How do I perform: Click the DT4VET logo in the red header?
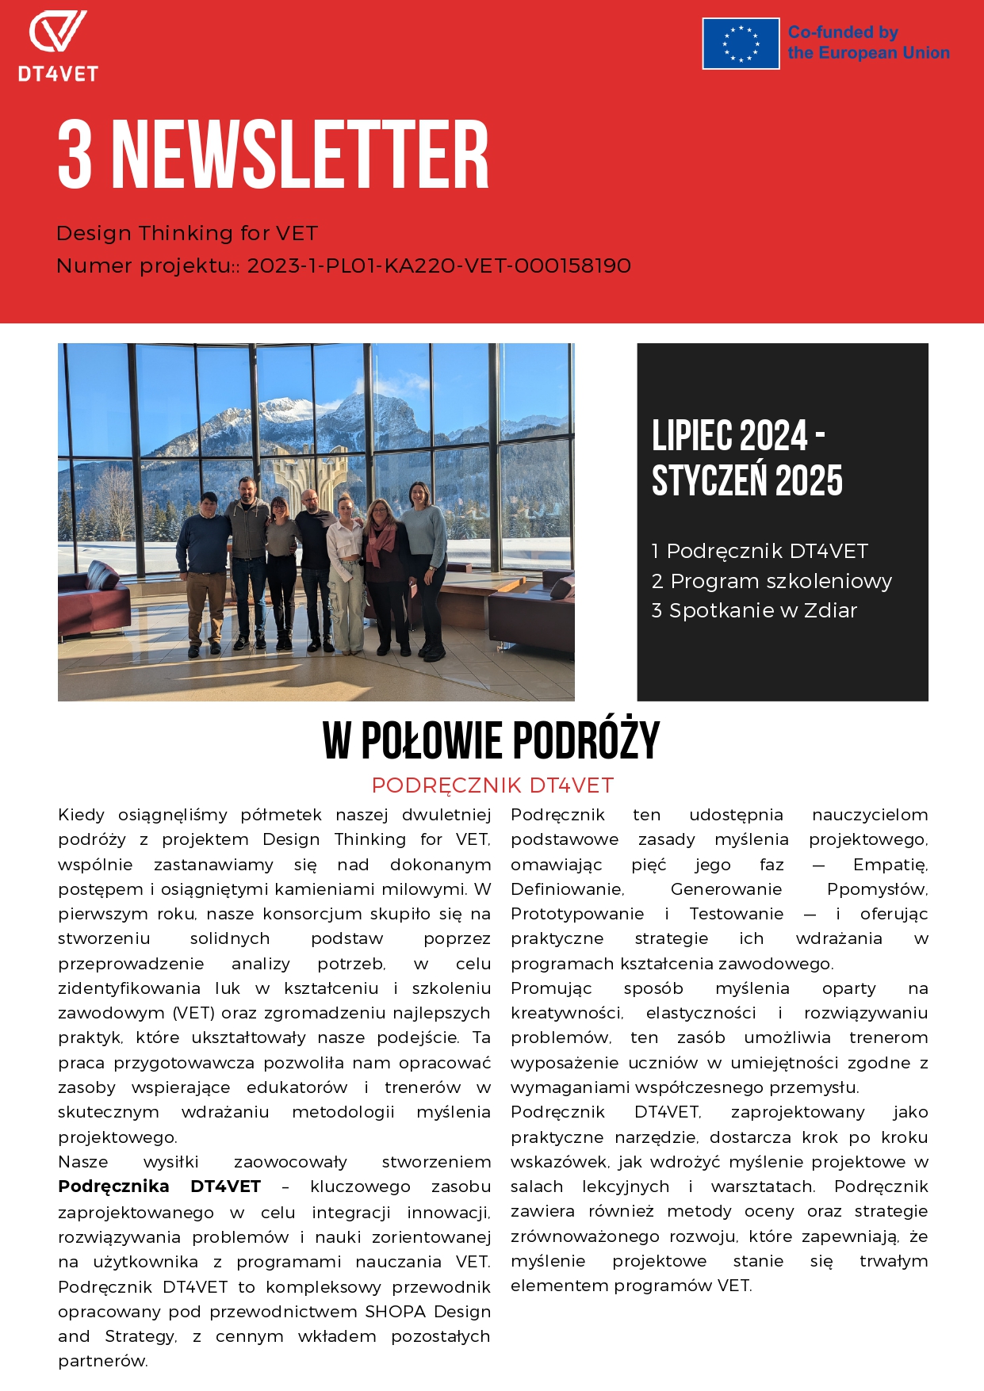pyautogui.click(x=58, y=46)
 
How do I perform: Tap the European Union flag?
pyautogui.click(x=741, y=44)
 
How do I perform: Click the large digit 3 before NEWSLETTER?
pyautogui.click(x=75, y=155)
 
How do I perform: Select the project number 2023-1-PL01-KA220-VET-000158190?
pyautogui.click(x=438, y=266)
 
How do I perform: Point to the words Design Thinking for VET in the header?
pyautogui.click(x=187, y=233)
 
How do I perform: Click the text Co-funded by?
pyautogui.click(x=843, y=32)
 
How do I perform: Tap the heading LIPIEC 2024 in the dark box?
pyautogui.click(x=730, y=436)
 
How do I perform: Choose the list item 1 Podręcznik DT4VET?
pyautogui.click(x=759, y=551)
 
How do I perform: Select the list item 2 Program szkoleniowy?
pyautogui.click(x=771, y=581)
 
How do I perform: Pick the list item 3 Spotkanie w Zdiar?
pyautogui.click(x=754, y=610)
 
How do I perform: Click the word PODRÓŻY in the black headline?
pyautogui.click(x=585, y=741)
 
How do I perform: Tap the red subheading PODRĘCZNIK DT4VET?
pyautogui.click(x=492, y=785)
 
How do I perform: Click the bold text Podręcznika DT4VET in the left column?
pyautogui.click(x=159, y=1187)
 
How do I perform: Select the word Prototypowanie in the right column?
pyautogui.click(x=577, y=914)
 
